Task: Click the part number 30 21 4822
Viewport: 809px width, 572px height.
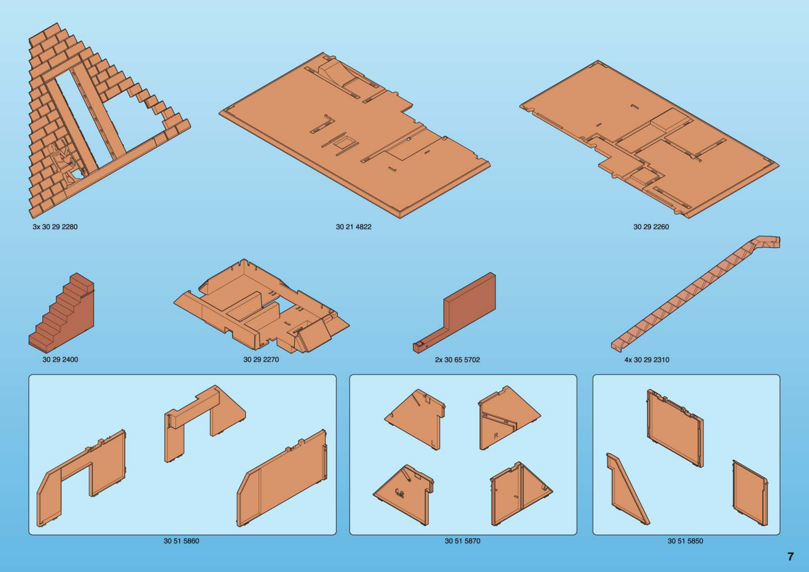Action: point(353,227)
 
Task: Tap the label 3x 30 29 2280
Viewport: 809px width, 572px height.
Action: point(55,227)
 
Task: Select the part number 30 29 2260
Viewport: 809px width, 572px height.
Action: point(651,227)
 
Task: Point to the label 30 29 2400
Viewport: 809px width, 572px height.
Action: point(60,359)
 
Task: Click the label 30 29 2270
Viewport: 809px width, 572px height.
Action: point(261,359)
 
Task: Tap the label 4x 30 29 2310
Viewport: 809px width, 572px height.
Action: point(647,360)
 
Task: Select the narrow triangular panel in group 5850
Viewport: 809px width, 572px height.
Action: point(627,490)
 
